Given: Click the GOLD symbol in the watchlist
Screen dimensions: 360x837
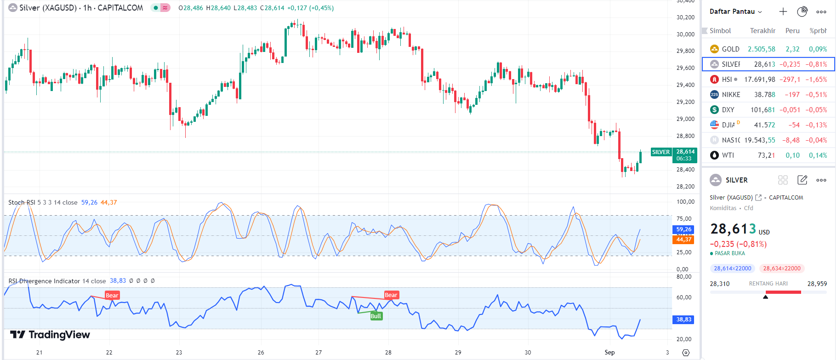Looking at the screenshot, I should [730, 49].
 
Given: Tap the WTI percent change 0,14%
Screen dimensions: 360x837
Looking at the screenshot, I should [818, 155].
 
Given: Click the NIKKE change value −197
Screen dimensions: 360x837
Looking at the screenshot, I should [792, 95].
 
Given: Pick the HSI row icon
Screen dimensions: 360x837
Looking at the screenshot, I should [714, 80].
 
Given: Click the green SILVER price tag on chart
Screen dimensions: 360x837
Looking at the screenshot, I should [661, 152].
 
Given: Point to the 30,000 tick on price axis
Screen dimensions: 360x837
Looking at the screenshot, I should [685, 34].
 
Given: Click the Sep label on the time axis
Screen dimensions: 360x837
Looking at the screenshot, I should [609, 353].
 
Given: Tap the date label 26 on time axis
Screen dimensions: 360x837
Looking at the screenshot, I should [261, 353].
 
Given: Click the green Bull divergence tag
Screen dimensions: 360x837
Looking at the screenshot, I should [376, 316].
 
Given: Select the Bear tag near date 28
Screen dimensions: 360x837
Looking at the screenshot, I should [391, 295].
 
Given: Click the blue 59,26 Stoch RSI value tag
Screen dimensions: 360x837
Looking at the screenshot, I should [683, 229].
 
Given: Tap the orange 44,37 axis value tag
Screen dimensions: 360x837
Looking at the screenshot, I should [683, 240].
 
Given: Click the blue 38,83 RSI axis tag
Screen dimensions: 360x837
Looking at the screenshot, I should [683, 320].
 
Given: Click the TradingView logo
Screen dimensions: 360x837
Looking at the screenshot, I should [50, 335].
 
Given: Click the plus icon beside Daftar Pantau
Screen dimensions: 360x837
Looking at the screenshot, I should [783, 11].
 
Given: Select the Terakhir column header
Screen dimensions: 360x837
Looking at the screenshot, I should [763, 31].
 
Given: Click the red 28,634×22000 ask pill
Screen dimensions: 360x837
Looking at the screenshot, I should [782, 269].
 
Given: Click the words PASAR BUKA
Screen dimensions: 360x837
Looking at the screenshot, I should [730, 253].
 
